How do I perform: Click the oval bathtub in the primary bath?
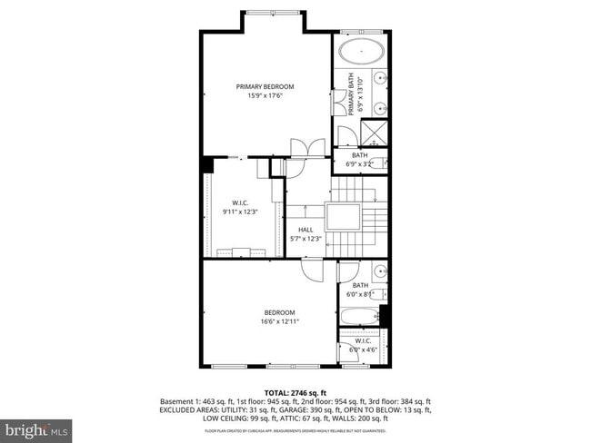[x=361, y=51]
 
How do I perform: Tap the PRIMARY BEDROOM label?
[x=265, y=87]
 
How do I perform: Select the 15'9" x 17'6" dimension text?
[x=265, y=96]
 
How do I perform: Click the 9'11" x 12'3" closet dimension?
[x=240, y=212]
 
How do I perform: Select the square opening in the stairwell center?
[x=344, y=217]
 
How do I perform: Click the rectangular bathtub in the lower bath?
[x=358, y=318]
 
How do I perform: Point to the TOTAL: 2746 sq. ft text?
[x=295, y=392]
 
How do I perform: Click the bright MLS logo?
[x=36, y=427]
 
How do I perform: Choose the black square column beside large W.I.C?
[x=207, y=163]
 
